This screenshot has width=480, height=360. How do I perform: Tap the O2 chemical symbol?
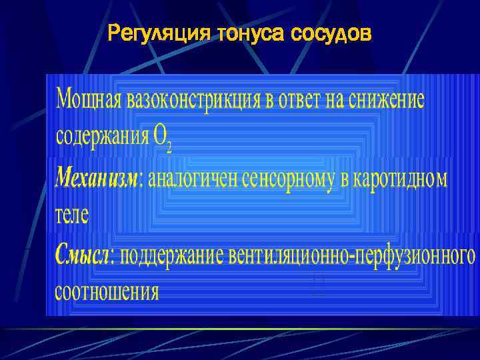point(162,139)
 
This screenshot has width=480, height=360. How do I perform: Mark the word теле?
point(71,215)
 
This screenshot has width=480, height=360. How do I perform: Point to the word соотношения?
point(107,293)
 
